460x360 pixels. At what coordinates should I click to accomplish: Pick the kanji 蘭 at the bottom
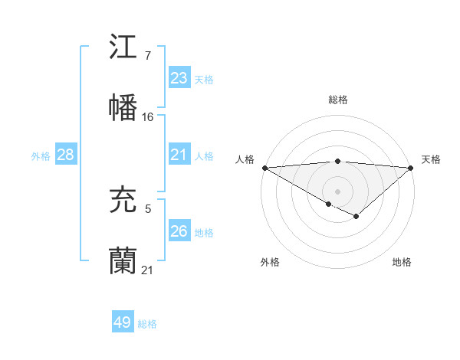coord(123,260)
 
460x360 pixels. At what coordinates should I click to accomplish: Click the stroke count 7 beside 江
coord(148,56)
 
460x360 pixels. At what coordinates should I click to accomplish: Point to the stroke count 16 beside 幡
coord(148,116)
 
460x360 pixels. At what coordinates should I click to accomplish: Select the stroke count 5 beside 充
coord(148,208)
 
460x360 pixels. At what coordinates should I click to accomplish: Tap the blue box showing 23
coord(179,78)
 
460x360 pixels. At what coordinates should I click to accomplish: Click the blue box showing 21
coord(179,155)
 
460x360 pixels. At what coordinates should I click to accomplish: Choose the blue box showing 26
coord(179,231)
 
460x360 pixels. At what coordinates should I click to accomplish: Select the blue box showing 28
coord(66,155)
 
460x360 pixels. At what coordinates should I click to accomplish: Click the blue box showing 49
coord(123,322)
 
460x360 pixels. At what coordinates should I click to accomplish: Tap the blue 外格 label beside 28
coord(41,156)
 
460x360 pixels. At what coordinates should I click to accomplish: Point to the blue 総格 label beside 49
coord(147,324)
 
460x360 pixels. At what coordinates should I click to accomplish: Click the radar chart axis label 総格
coord(338,100)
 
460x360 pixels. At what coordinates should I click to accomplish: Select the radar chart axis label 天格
coord(431,159)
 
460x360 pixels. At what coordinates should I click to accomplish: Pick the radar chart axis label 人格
coord(244,159)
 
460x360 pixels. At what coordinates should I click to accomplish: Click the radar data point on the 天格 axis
coord(412,168)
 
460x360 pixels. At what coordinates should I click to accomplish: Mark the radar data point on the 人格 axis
coord(264,168)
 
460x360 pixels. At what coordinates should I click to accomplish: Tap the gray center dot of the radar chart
coord(338,191)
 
